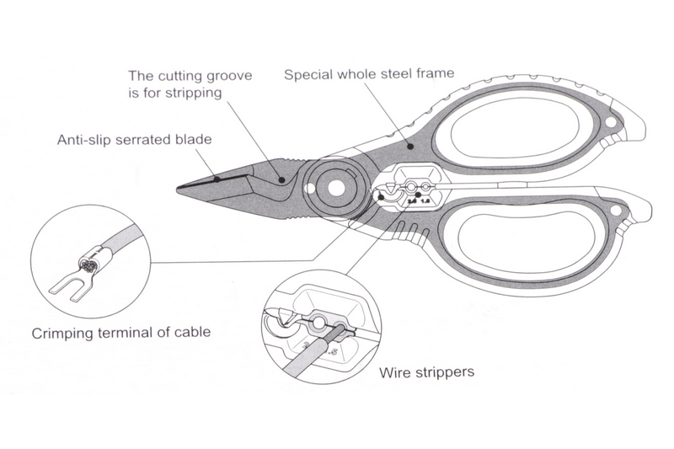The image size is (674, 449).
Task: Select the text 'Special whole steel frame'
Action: point(369,74)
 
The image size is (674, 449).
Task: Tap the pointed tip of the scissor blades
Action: point(179,188)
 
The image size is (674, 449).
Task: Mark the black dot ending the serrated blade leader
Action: point(217,178)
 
